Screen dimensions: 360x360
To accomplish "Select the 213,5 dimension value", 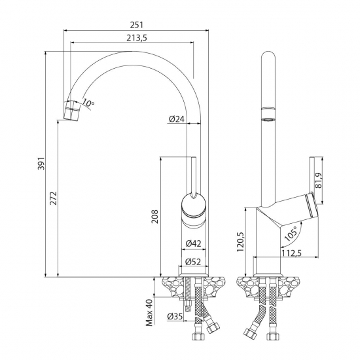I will coord(135,38).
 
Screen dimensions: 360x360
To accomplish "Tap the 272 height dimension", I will coord(52,198).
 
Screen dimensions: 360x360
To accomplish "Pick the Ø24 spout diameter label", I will coord(175,119).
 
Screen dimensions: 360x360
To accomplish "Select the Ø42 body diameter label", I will coord(192,243).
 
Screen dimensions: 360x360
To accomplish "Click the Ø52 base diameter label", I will coord(192,262).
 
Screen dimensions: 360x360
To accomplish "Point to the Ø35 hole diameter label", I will coord(175,317).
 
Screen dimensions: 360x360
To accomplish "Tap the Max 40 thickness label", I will coord(149,312).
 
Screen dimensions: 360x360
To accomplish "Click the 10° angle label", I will coord(88,103).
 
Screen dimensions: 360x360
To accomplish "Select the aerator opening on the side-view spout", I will coord(267,120).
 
